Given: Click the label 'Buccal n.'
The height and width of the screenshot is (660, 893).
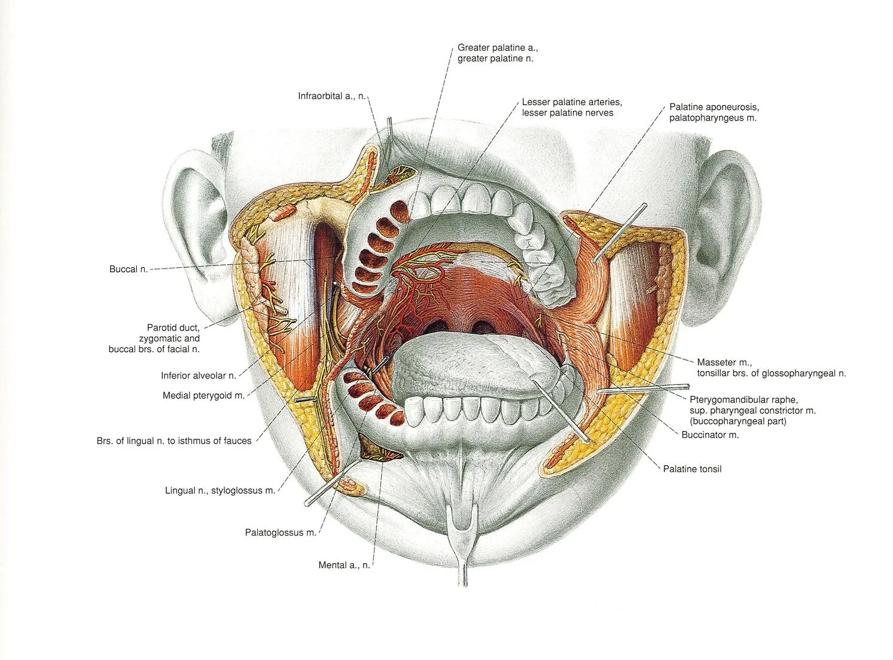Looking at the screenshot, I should tap(128, 270).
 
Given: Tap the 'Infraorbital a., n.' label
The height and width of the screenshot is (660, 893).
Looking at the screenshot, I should tap(331, 96).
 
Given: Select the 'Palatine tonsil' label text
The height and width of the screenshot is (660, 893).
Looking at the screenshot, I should tap(692, 469).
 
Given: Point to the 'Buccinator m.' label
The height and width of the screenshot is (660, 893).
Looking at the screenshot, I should tap(710, 435).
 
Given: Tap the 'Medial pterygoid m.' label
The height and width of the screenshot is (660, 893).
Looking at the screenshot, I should tap(203, 396).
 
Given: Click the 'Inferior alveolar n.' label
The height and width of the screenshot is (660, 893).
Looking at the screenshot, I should tap(199, 376).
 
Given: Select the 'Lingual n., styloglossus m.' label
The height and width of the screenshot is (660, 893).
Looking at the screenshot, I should tap(220, 491).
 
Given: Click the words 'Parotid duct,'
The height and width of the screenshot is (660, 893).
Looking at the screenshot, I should tap(173, 328).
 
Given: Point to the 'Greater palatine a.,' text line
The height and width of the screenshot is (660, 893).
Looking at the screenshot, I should tap(498, 48).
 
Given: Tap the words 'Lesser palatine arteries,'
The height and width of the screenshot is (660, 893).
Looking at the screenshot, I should tap(572, 102).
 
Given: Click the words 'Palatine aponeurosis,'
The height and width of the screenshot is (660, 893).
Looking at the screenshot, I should tap(714, 108).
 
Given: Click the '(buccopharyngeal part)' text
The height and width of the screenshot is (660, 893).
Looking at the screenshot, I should tap(737, 421).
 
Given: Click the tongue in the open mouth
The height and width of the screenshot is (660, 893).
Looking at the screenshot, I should tap(473, 365).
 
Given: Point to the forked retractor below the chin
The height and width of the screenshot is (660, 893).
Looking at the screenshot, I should tap(462, 538).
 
